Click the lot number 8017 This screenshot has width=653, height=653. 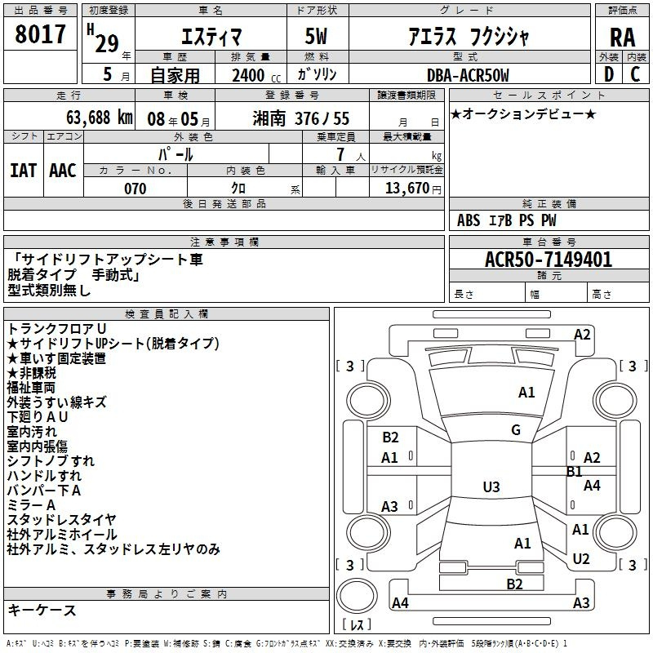click(x=40, y=34)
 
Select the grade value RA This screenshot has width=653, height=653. click(x=623, y=38)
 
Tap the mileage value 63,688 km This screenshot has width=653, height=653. click(x=100, y=118)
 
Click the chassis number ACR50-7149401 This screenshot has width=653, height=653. click(x=549, y=260)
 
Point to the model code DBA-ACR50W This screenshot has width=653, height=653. click(x=468, y=75)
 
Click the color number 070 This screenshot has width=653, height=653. click(x=135, y=189)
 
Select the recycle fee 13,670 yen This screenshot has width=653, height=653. click(x=413, y=189)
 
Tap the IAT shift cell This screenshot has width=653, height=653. click(x=23, y=171)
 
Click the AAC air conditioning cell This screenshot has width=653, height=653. click(x=63, y=171)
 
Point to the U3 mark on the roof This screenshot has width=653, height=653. click(x=491, y=486)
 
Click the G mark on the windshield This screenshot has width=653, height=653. click(x=516, y=430)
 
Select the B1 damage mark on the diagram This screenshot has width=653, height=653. click(x=575, y=472)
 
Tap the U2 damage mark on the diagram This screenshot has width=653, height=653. click(x=581, y=559)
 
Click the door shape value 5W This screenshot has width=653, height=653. click(x=316, y=36)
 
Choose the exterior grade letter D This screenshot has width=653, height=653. click(x=609, y=74)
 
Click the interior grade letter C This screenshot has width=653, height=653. click(x=635, y=74)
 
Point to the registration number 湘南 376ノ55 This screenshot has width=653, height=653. click(x=300, y=118)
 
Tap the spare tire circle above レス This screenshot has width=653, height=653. click(x=357, y=596)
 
